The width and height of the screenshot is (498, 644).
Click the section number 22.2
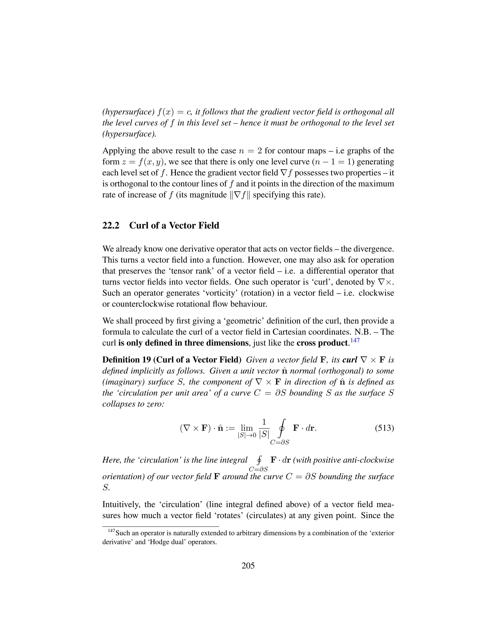click(x=111, y=226)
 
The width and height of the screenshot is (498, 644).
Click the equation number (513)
click(x=384, y=428)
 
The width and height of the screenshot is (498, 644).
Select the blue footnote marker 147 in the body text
click(x=355, y=340)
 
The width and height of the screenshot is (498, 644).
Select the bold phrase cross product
click(x=323, y=343)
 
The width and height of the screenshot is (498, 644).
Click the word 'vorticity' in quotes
click(x=219, y=293)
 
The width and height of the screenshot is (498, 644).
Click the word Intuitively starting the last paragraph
click(x=121, y=505)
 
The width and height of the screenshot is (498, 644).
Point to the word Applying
click(x=119, y=151)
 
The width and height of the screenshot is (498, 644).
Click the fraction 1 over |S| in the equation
click(x=264, y=428)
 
